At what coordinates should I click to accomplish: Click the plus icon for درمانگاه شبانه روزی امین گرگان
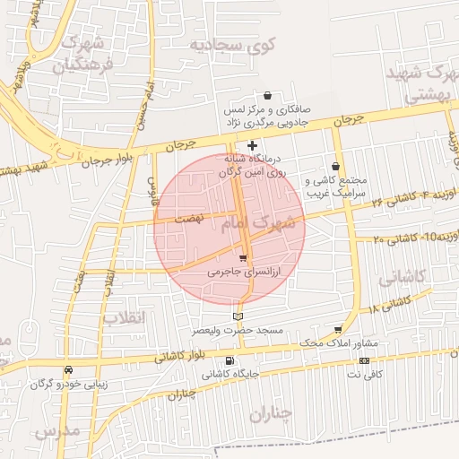tap(253, 144)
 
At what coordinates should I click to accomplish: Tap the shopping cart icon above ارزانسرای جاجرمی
tap(243, 258)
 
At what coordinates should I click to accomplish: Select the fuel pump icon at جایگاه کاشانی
tap(230, 361)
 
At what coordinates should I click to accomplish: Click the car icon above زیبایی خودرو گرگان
tap(68, 370)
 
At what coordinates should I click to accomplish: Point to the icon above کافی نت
tap(364, 360)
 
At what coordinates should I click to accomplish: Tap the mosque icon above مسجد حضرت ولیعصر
tap(238, 316)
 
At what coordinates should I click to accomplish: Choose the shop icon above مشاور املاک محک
tap(338, 330)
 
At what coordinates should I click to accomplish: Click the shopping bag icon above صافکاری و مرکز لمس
tap(267, 96)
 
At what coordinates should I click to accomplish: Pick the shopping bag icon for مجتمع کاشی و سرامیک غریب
tap(335, 166)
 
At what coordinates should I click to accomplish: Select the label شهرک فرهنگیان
tap(81, 54)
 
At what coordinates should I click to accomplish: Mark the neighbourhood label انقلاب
tap(123, 317)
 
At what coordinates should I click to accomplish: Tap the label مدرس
tap(58, 431)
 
